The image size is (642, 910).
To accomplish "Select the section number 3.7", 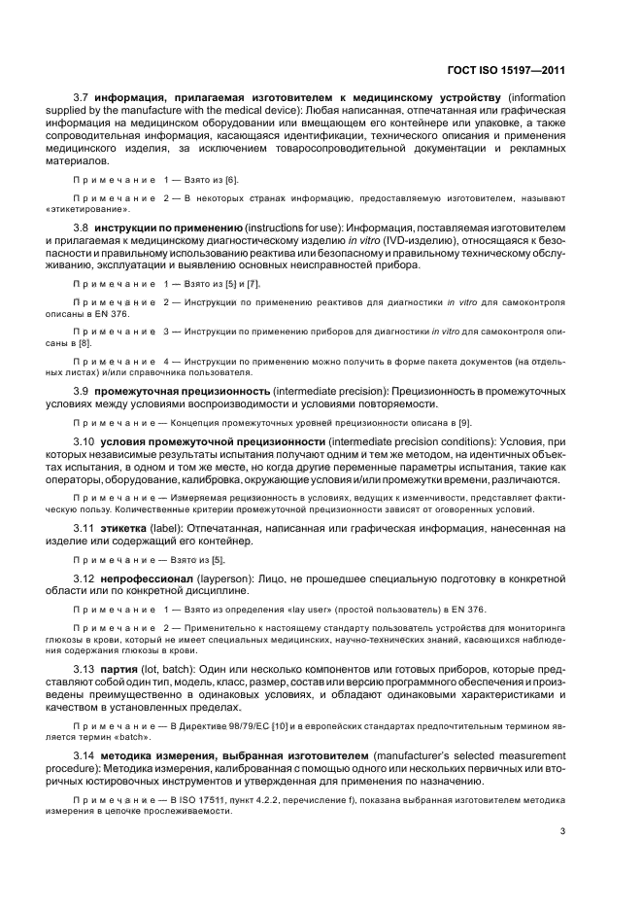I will coord(82,98).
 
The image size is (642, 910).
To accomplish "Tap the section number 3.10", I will coord(84,441).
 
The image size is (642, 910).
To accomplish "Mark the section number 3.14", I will coord(84,755).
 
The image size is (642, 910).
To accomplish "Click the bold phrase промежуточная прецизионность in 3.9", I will coord(189,390).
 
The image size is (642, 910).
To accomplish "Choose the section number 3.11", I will coord(84,528).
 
